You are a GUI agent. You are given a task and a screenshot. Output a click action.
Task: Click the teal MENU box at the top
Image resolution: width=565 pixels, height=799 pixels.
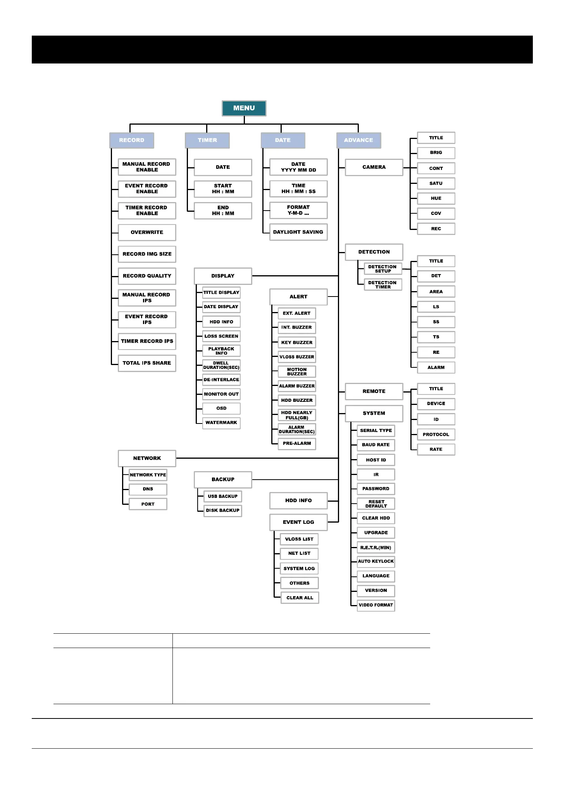[x=244, y=108]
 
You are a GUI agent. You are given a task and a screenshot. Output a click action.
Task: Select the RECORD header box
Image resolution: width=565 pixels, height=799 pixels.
[x=132, y=140]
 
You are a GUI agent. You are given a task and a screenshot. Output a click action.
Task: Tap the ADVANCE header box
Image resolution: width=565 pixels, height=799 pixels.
[x=358, y=140]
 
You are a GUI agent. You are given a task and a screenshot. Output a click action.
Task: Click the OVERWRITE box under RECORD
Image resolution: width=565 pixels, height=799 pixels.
[x=147, y=232]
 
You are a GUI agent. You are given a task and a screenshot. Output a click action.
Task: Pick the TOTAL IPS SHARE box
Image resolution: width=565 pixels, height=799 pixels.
[x=147, y=363]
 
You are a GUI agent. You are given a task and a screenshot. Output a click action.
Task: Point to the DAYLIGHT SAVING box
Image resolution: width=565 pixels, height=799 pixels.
[x=298, y=232]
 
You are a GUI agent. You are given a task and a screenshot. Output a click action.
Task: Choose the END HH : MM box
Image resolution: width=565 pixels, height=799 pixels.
[x=223, y=211]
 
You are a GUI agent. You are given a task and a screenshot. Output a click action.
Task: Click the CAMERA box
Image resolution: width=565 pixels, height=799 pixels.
[x=374, y=167]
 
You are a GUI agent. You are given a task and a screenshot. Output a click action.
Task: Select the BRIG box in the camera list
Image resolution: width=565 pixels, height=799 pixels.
[x=436, y=153]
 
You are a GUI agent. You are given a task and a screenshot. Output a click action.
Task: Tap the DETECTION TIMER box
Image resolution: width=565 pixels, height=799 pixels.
[x=382, y=285]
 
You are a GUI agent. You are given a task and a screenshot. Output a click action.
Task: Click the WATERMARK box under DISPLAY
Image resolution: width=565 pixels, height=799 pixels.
[x=221, y=423]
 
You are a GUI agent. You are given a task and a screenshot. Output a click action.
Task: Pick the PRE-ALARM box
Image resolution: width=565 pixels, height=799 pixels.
[x=297, y=444]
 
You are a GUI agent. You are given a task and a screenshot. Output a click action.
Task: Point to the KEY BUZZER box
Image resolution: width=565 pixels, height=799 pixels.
[x=297, y=343]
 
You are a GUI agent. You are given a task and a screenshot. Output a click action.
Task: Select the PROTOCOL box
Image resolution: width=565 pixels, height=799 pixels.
[x=436, y=434]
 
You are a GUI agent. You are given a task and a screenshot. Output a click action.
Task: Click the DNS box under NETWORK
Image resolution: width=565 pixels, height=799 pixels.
[x=148, y=489]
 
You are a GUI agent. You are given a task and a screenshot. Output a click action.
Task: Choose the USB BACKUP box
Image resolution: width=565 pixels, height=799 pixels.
[x=222, y=496]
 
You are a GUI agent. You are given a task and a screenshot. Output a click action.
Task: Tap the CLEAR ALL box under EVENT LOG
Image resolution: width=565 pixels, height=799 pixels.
[x=300, y=598]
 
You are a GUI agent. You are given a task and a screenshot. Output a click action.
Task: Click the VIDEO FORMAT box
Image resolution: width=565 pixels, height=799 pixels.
[x=376, y=605]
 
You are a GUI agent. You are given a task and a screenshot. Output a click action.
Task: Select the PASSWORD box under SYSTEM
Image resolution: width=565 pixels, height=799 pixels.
[x=376, y=489]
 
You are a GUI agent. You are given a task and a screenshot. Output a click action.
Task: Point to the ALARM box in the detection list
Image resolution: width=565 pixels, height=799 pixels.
[x=436, y=367]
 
